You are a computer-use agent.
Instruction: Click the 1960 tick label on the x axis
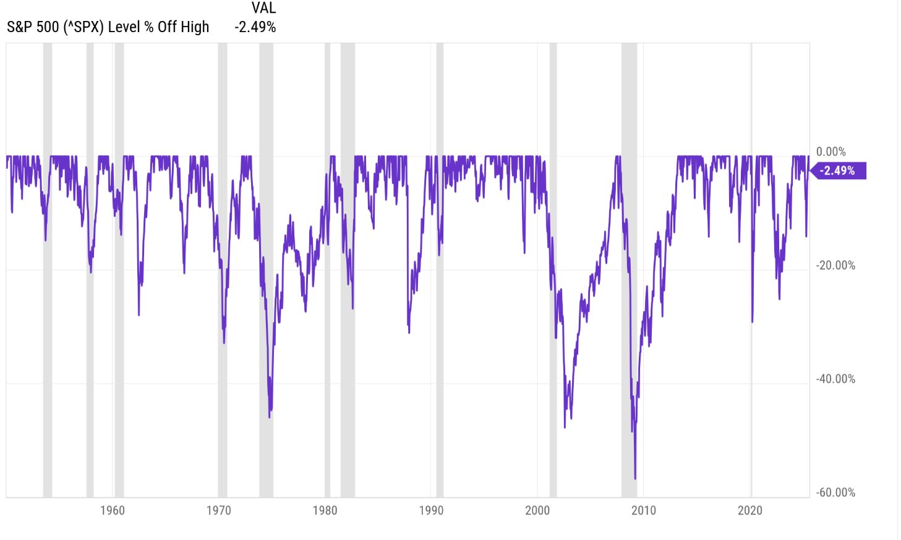112,510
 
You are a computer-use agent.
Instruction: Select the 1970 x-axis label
218,510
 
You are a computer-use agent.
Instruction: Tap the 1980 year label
325,510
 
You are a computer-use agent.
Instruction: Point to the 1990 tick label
431,510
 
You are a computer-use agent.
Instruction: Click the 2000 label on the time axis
537,510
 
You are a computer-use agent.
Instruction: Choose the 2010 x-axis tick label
644,510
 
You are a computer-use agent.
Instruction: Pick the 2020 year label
750,510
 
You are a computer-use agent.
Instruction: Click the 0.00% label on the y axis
831,152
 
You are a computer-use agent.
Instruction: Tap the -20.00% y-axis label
835,266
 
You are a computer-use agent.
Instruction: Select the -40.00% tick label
835,379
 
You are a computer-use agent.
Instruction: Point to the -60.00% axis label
835,493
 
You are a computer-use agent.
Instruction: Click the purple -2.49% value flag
839,171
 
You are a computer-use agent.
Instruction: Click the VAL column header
263,9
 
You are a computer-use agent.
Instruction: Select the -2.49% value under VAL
255,27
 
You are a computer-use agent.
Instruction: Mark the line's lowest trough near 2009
635,478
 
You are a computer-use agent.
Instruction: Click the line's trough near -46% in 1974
270,417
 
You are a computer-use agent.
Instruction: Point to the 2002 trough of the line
565,427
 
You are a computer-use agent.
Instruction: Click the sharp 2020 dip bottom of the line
752,321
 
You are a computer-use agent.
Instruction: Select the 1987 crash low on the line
409,332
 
